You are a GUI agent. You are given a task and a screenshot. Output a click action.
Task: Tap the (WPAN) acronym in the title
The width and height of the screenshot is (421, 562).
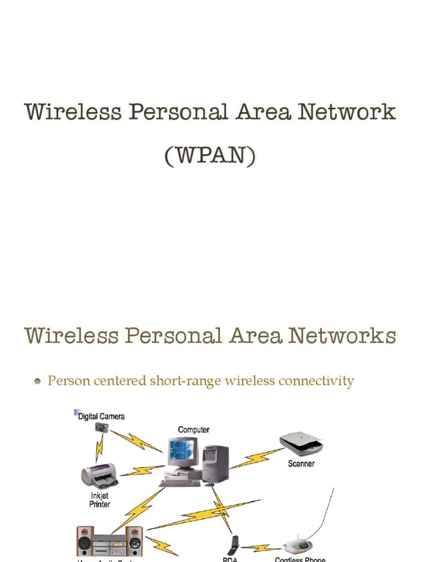coord(210,156)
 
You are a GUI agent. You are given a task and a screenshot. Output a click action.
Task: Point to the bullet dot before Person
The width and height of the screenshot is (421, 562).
coord(37,381)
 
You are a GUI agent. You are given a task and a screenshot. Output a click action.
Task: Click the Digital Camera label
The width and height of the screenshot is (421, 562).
coord(101,416)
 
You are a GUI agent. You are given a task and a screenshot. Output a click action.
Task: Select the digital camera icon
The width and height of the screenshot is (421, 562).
coord(102,428)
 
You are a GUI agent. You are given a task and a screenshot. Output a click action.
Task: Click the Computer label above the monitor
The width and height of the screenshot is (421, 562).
coord(194,430)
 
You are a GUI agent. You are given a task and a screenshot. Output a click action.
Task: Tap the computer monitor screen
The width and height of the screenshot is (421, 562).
coord(181,451)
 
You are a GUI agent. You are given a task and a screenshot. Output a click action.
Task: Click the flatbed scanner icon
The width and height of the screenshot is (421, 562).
coord(300,443)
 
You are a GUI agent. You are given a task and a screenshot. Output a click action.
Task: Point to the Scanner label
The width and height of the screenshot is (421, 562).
coord(301,464)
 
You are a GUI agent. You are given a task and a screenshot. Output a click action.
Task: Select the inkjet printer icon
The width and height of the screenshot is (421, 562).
coord(99,475)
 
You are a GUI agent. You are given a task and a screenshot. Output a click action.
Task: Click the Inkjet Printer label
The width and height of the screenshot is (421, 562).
coord(100,500)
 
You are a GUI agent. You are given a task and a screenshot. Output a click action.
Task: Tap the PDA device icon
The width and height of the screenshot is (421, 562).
coord(234,544)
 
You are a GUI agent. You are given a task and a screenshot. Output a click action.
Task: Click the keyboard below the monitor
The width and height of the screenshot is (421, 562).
coord(180,483)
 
